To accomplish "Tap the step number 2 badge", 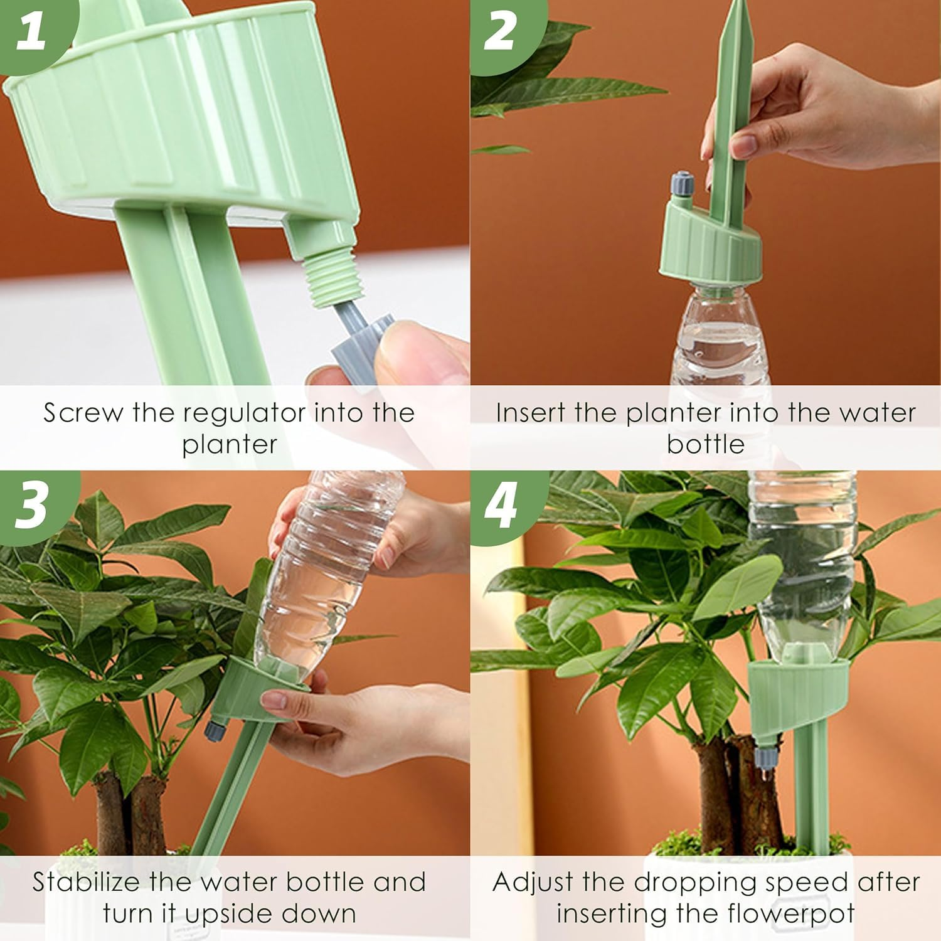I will pos(500,31).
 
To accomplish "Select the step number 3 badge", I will pos(31,503).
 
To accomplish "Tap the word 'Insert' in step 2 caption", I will pos(529,413).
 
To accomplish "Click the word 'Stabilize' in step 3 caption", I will pos(86,882).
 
